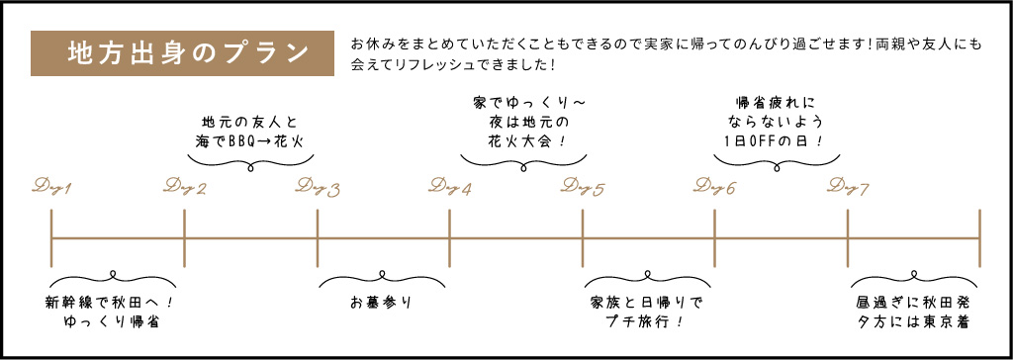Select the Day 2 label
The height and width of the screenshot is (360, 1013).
[185, 187]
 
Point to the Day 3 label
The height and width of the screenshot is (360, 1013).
[318, 187]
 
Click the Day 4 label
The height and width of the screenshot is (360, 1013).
[450, 187]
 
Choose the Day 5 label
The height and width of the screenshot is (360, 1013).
[583, 187]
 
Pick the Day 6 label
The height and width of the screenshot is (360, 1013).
[715, 187]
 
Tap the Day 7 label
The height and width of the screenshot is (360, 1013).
[848, 187]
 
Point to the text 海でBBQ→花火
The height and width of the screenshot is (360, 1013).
[248, 141]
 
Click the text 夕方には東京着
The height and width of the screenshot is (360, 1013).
[913, 321]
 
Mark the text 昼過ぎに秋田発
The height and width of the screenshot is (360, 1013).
[913, 301]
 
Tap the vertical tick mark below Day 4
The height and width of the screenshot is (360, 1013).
[450, 237]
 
